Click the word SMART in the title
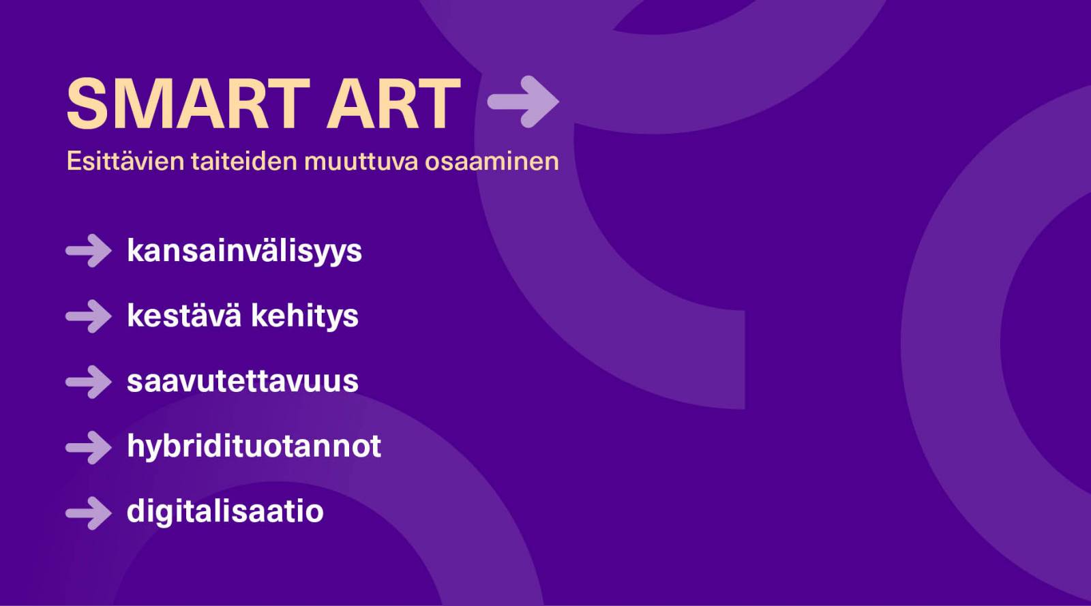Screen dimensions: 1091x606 point(188,104)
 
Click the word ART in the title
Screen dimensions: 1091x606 point(394,104)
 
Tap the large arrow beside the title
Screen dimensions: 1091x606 point(523,102)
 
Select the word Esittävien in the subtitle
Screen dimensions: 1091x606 point(125,161)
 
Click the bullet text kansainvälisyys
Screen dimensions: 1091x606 point(245,252)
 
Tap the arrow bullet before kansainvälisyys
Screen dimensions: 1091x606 point(89,251)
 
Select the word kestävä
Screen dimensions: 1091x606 point(184,316)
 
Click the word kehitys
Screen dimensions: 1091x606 point(305,316)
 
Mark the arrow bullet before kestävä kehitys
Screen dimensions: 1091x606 point(89,316)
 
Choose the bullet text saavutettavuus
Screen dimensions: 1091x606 point(243,381)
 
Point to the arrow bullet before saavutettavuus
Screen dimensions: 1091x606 point(89,382)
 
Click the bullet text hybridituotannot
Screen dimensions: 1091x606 point(254,446)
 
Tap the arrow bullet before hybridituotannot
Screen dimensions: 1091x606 point(89,447)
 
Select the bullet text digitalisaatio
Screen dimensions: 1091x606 point(225,511)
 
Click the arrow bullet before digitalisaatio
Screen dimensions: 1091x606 point(89,513)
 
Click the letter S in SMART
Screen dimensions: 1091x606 point(87,104)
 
